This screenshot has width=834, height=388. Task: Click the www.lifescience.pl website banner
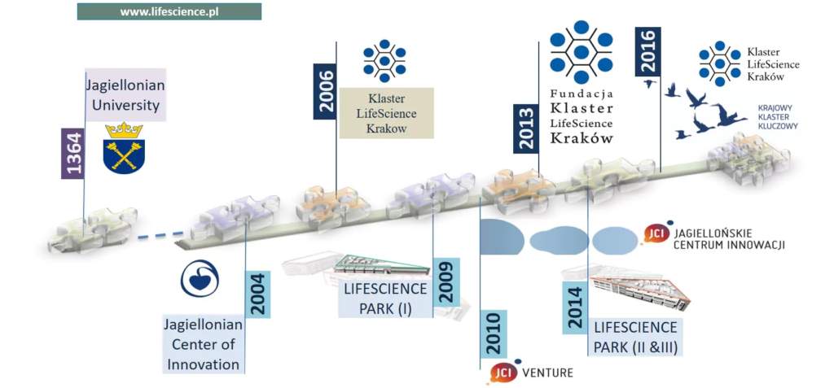pyautogui.click(x=169, y=11)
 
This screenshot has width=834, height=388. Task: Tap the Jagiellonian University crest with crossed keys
pyautogui.click(x=124, y=147)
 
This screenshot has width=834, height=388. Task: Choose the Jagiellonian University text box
pyautogui.click(x=125, y=94)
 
